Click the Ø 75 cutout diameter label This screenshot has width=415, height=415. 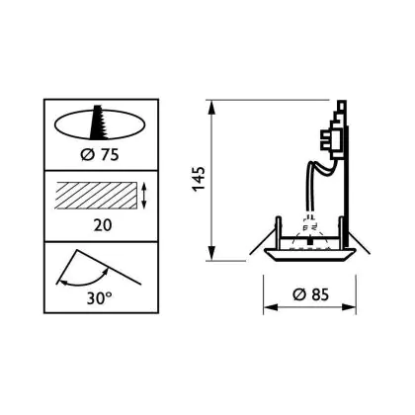[100, 155]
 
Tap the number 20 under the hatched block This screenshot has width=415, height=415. [103, 225]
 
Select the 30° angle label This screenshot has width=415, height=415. [100, 298]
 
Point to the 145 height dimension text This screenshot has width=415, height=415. [199, 179]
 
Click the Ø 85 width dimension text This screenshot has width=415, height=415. [310, 294]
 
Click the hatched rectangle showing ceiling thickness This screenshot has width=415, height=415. [96, 195]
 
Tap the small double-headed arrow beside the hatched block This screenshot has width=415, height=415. [143, 196]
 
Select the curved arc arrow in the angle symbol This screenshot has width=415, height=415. [86, 280]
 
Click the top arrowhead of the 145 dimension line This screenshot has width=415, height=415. [211, 107]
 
